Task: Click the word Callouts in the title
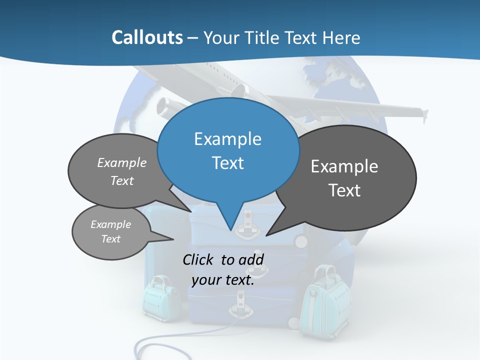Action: pyautogui.click(x=147, y=37)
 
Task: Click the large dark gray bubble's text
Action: pyautogui.click(x=344, y=178)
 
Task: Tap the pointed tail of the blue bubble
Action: pyautogui.click(x=229, y=222)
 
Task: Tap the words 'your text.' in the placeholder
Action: pyautogui.click(x=223, y=280)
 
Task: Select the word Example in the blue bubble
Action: pyautogui.click(x=227, y=139)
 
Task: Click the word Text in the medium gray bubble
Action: pyautogui.click(x=122, y=181)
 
